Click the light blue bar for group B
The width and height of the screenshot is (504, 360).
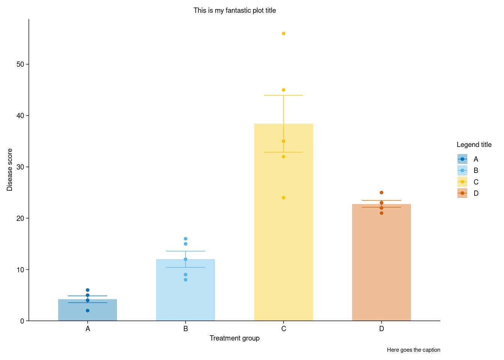185,296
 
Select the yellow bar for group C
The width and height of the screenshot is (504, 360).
283,232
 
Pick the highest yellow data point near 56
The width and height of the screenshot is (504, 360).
283,34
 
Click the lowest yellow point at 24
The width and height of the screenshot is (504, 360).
283,198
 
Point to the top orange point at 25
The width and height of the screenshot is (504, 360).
381,193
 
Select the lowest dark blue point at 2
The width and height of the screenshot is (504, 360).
87,310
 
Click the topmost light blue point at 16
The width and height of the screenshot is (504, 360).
185,239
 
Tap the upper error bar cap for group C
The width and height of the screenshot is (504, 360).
283,96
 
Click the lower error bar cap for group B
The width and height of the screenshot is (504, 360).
185,267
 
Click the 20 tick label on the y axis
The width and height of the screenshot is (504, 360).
20,218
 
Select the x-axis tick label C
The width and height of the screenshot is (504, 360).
283,329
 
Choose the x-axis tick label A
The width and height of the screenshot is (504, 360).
87,329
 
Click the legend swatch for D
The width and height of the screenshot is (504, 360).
462,193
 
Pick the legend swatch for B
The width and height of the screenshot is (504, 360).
462,171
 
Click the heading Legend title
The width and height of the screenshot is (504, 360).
474,145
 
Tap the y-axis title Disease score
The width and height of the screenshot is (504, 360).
10,170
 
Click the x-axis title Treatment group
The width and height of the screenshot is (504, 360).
234,338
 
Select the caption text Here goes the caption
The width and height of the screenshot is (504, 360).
413,350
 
